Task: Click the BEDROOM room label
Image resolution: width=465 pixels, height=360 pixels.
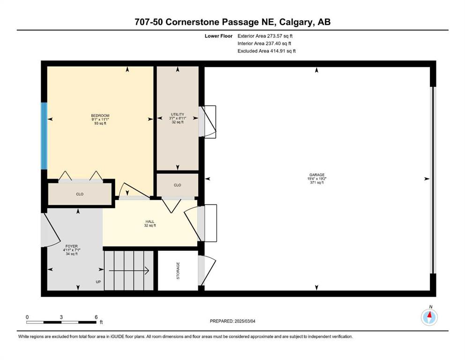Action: click(x=100, y=115)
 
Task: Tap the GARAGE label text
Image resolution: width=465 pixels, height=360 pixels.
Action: click(x=317, y=175)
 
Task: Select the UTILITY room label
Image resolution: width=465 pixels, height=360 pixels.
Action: click(x=177, y=114)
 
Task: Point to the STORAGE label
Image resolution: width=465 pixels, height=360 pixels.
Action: click(x=178, y=270)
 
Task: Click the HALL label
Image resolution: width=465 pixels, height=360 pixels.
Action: click(x=150, y=221)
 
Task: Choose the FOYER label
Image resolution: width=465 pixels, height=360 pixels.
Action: click(x=72, y=246)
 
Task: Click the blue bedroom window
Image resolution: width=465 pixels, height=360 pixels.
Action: click(x=44, y=136)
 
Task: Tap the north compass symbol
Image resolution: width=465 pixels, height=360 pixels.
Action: click(x=429, y=317)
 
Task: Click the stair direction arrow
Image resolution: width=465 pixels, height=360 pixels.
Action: click(x=129, y=270)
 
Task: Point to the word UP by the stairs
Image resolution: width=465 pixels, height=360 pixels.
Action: click(x=98, y=282)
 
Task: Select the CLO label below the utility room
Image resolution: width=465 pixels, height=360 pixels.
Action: click(x=177, y=185)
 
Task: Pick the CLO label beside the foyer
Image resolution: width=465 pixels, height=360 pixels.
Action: click(x=80, y=194)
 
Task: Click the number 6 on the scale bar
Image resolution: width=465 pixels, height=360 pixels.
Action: click(x=96, y=317)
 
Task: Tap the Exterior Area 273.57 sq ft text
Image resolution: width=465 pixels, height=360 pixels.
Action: click(x=265, y=36)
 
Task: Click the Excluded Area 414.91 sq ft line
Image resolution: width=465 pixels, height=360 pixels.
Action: click(x=266, y=51)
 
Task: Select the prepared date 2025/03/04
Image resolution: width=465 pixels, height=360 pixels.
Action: click(x=245, y=321)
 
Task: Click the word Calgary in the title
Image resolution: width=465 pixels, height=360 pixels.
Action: click(x=296, y=22)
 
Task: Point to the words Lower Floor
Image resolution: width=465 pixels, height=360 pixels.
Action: click(x=219, y=36)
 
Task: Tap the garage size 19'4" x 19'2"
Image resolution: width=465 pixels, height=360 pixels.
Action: click(x=317, y=179)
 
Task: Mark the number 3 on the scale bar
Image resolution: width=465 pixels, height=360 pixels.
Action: click(x=61, y=317)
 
